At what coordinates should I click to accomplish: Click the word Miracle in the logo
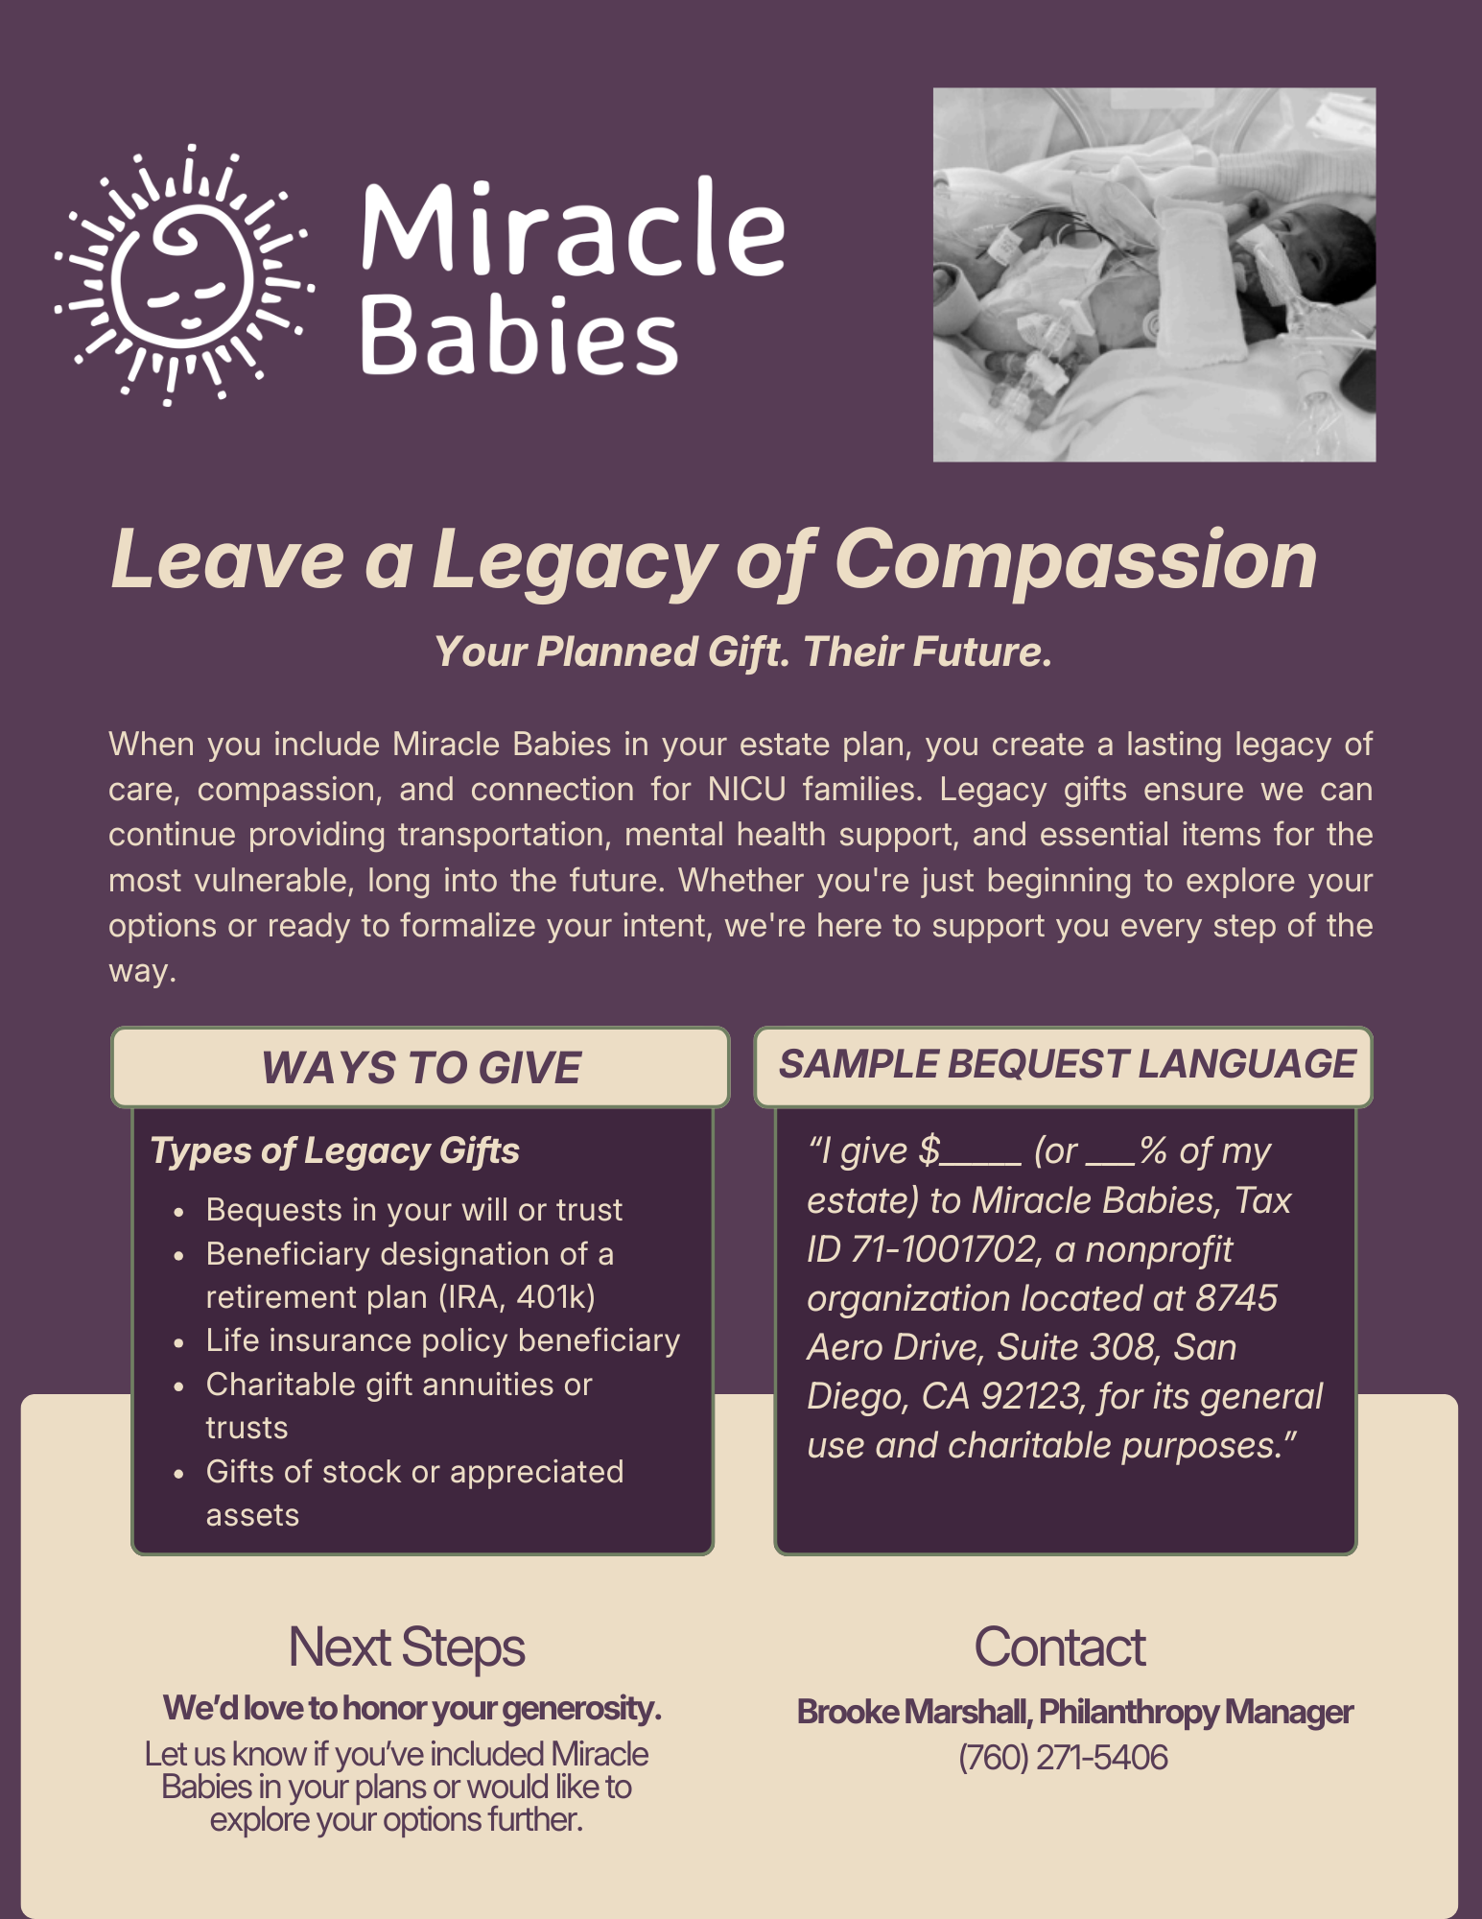[573, 227]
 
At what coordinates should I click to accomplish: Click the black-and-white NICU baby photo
[1154, 274]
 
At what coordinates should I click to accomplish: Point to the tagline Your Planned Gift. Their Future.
[743, 652]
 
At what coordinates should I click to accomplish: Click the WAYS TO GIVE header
[420, 1068]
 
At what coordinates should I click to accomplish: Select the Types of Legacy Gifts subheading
[335, 1150]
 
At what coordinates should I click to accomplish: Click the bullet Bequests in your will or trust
[414, 1210]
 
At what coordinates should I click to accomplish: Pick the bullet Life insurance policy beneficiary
[443, 1340]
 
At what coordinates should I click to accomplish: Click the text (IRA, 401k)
[517, 1297]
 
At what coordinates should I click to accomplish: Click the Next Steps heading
[407, 1647]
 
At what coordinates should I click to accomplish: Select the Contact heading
[1060, 1647]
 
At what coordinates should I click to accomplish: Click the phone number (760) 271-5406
[1063, 1758]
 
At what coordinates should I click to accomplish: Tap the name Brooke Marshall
[913, 1712]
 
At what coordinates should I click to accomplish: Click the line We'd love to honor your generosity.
[412, 1708]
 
